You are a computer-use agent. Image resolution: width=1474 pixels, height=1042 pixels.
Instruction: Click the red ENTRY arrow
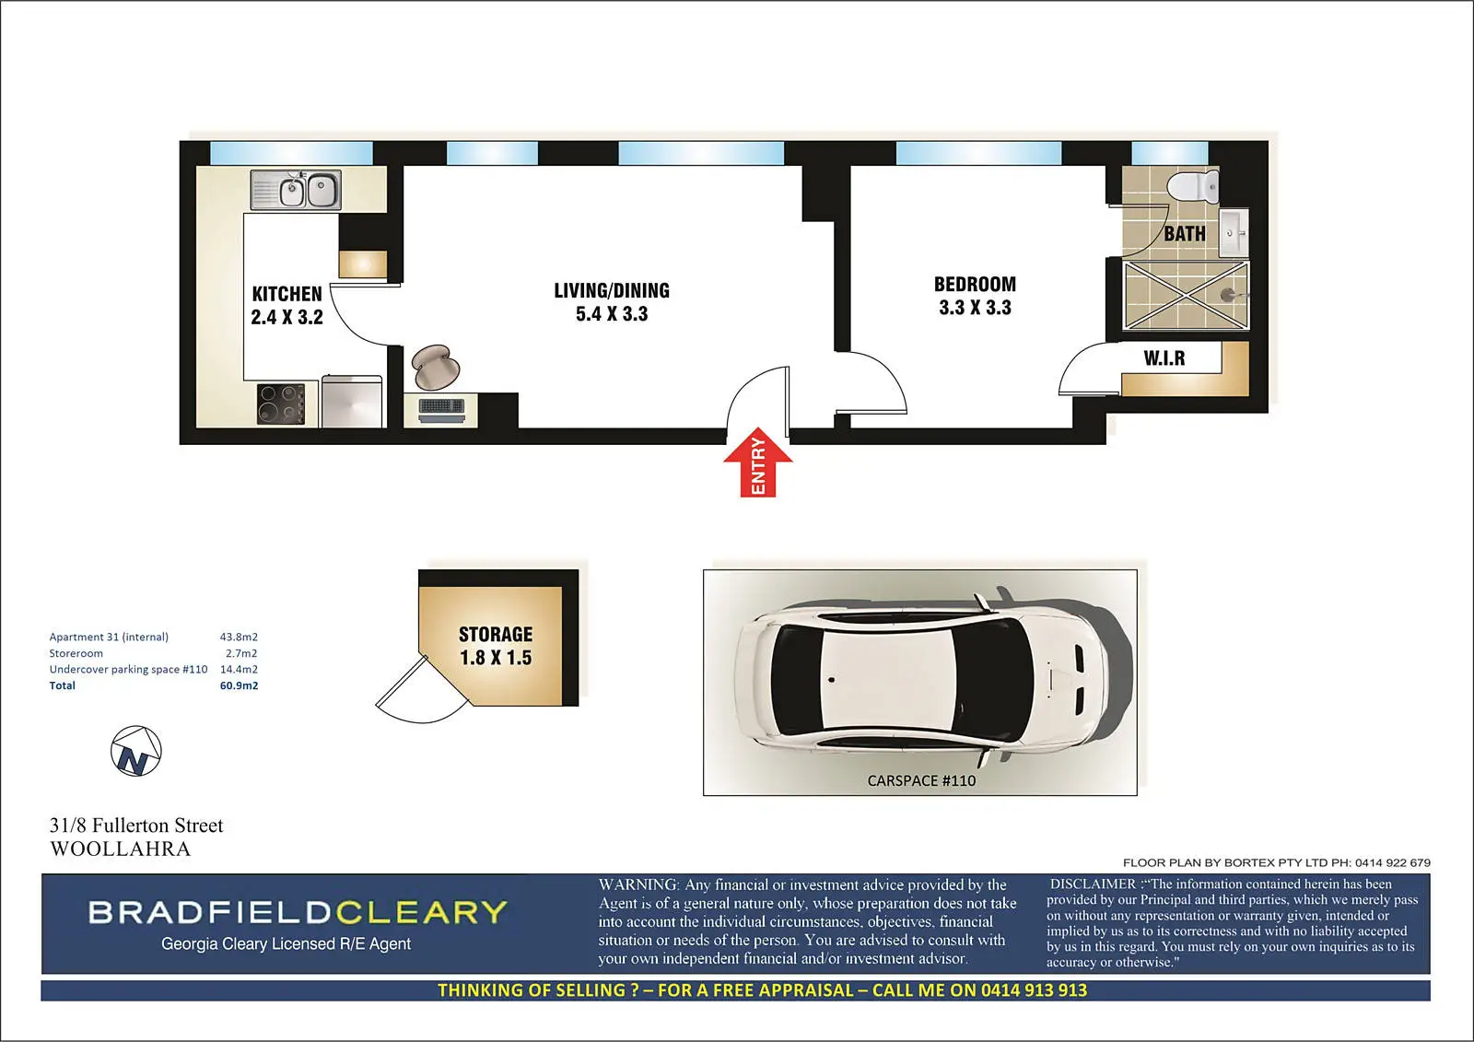tap(757, 462)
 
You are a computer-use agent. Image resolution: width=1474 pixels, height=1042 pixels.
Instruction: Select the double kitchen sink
tap(296, 190)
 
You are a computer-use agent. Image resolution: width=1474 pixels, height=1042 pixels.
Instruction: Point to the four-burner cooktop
tap(281, 404)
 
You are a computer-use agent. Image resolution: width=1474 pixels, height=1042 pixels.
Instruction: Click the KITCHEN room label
tap(287, 294)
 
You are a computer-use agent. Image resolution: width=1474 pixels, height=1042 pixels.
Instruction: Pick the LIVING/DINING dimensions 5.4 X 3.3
tap(612, 314)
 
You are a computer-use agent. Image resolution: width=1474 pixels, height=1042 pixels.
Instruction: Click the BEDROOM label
tap(976, 285)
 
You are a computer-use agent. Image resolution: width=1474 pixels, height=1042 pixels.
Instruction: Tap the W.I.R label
tap(1164, 358)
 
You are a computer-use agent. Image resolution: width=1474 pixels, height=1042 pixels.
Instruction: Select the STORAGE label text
tap(496, 635)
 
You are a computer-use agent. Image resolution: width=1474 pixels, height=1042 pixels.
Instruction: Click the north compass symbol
tap(135, 751)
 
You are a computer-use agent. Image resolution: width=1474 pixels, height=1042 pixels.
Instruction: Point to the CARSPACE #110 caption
tap(921, 780)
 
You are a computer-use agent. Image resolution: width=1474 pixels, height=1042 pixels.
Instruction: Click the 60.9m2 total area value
tap(239, 685)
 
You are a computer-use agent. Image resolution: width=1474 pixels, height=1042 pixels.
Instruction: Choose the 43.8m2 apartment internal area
tap(239, 637)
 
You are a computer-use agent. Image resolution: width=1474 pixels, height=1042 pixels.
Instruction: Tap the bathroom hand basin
tap(1234, 233)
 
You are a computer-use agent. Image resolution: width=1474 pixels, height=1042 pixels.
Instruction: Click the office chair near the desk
tap(435, 367)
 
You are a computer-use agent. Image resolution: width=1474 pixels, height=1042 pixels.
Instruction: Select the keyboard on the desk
tap(441, 406)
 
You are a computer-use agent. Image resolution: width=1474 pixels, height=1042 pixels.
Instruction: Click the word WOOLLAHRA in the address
tap(121, 849)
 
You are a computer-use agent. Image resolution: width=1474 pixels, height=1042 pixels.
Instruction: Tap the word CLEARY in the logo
tap(422, 912)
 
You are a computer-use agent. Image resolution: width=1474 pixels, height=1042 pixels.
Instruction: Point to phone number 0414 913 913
tap(1034, 990)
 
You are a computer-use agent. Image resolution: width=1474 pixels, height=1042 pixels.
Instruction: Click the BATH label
tap(1185, 234)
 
